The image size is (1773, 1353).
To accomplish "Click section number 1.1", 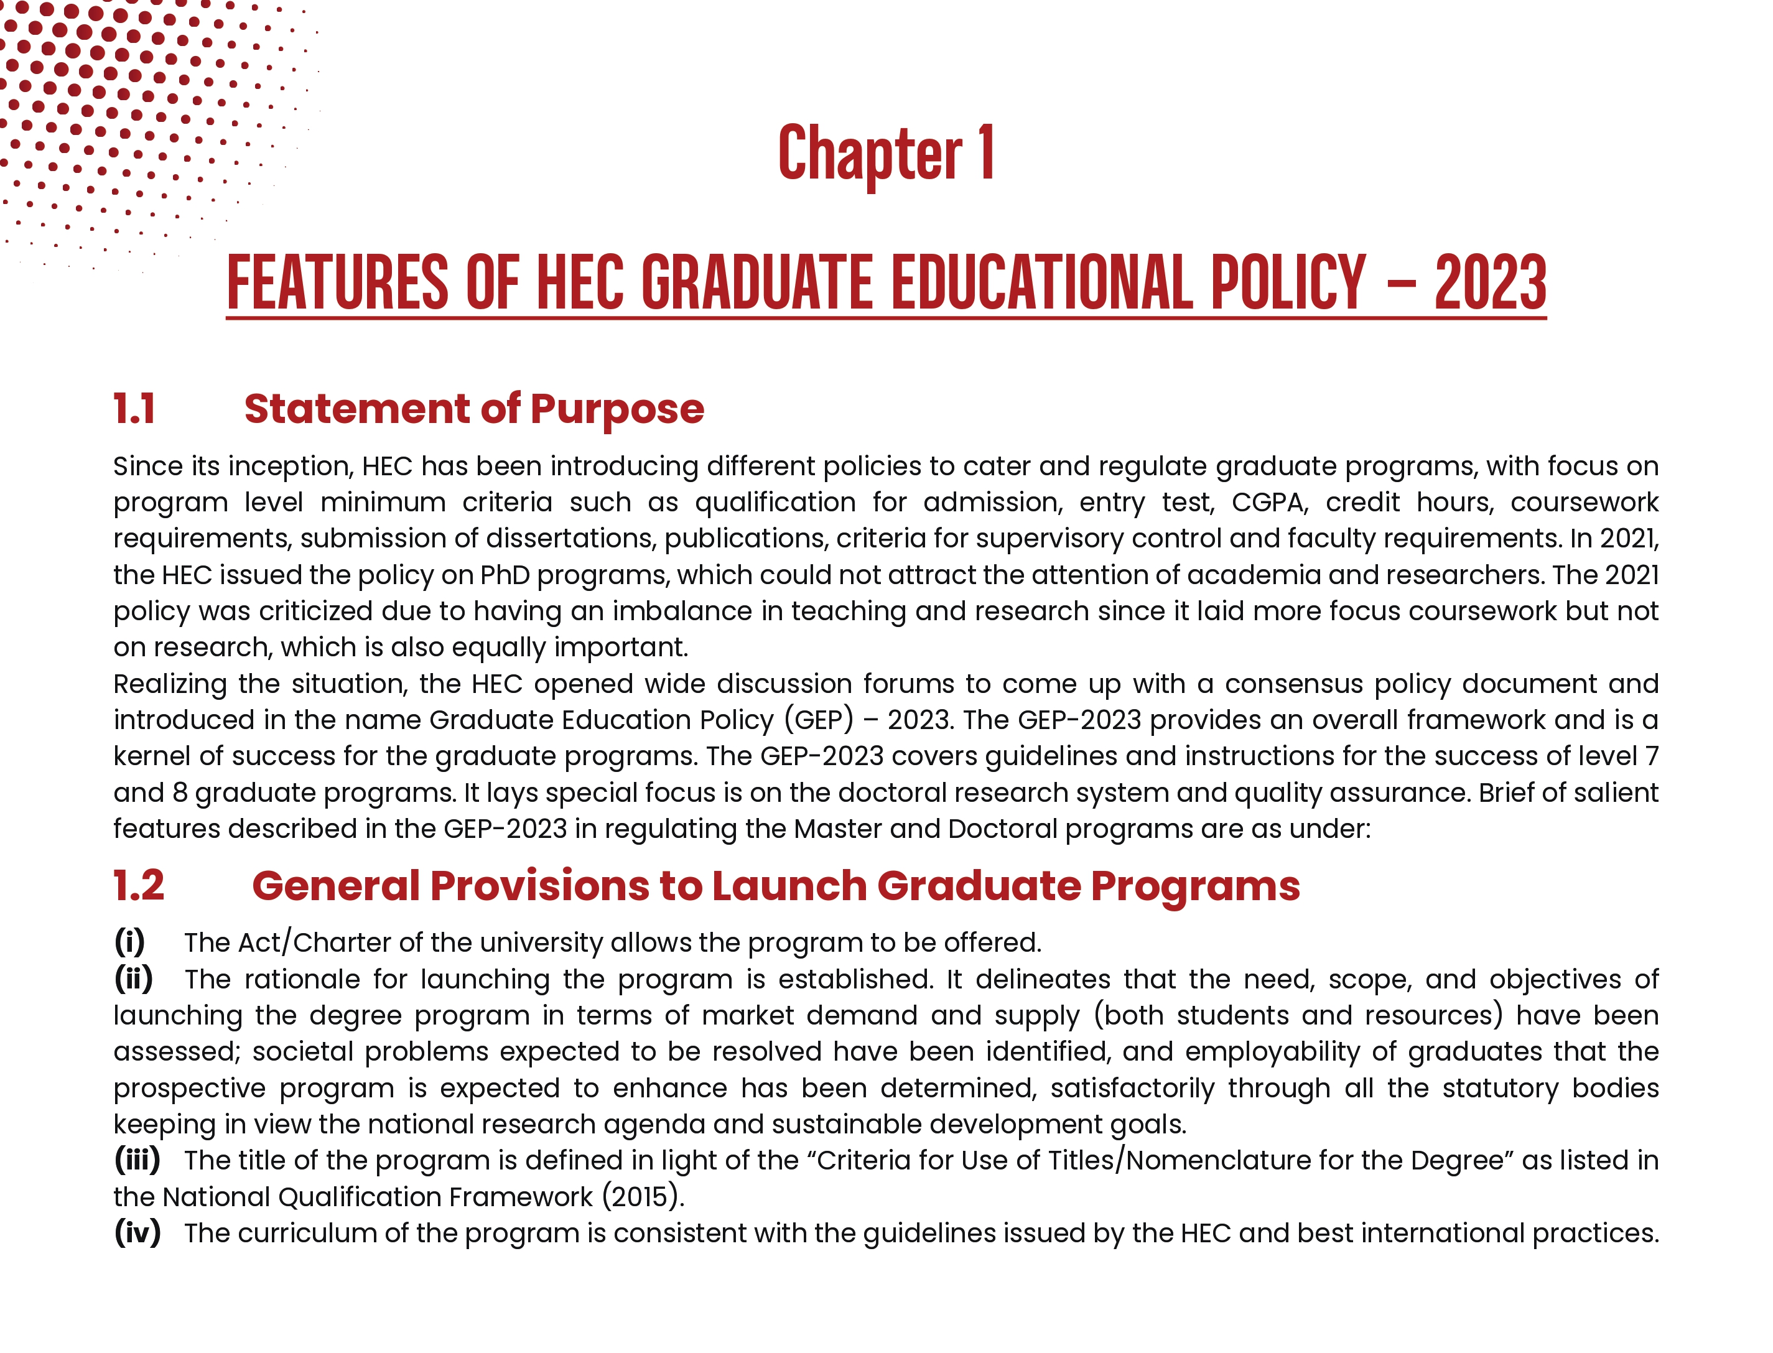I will [134, 409].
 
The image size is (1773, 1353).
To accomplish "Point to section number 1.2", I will [139, 886].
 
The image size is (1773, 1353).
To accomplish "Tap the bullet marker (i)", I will [129, 941].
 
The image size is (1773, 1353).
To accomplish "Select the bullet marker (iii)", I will [137, 1160].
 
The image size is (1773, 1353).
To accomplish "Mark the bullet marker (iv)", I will [137, 1232].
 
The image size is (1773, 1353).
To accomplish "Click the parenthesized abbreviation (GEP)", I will [818, 720].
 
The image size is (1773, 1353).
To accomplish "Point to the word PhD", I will [504, 575].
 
